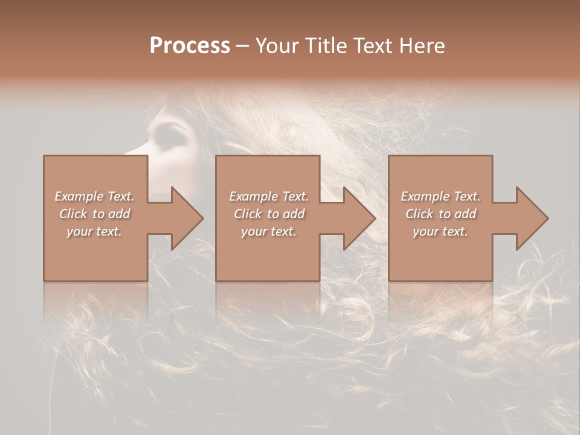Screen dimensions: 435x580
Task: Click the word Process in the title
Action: point(190,46)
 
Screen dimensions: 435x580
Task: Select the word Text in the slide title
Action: point(370,46)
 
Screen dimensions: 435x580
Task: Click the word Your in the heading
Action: point(277,46)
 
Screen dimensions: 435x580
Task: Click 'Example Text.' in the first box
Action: point(94,196)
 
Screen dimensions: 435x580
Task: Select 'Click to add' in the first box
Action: point(94,214)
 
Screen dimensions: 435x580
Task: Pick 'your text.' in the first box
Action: point(94,231)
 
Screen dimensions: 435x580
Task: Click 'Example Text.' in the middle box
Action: point(268,196)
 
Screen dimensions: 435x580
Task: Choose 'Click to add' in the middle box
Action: point(268,214)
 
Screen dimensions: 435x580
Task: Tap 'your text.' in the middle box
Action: point(268,231)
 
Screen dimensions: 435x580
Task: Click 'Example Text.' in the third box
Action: point(440,196)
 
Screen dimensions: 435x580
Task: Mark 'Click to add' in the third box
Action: point(440,214)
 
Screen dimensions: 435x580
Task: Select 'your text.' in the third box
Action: point(440,231)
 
